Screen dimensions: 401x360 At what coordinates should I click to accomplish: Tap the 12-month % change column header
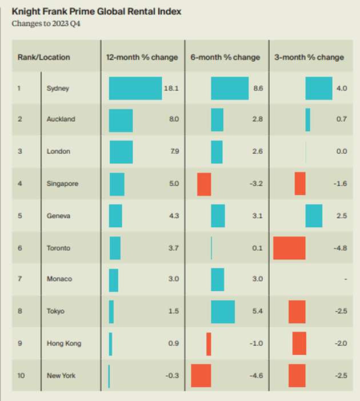point(142,57)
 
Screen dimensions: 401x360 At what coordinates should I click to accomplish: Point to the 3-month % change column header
point(309,57)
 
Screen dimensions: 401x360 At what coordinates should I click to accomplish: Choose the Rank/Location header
point(44,57)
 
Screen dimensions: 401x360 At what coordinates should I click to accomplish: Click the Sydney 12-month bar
point(135,89)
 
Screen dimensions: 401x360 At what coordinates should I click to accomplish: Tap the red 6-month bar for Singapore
point(204,184)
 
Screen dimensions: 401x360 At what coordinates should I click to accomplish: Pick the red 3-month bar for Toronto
point(290,248)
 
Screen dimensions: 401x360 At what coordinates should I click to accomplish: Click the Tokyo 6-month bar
point(223,312)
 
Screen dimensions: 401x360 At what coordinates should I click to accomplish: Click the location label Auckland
point(61,119)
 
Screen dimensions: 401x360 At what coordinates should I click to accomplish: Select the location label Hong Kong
point(64,343)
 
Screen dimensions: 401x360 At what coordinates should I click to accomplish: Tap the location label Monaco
point(59,279)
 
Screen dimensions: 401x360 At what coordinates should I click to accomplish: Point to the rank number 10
point(21,376)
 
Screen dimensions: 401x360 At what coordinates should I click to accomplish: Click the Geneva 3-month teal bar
point(314,216)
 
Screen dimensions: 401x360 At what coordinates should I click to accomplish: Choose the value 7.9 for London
point(174,152)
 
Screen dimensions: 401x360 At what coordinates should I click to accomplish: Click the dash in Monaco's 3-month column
point(346,279)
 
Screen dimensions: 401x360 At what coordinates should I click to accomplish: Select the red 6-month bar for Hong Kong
point(209,343)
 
